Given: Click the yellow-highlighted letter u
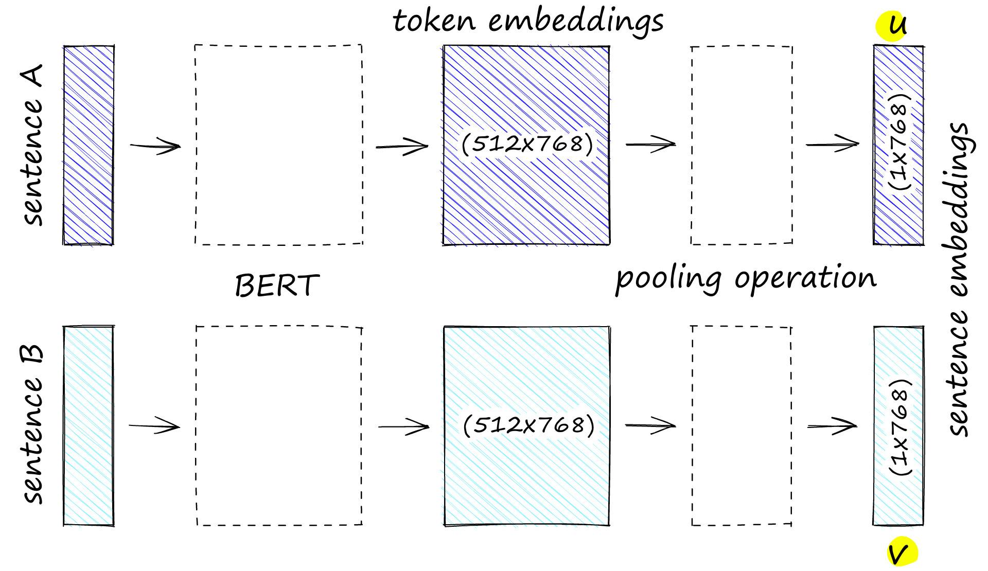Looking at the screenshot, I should coord(896,25).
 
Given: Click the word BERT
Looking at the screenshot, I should coord(277,285).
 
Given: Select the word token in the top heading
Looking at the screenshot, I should coord(434,22).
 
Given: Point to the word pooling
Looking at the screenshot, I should coord(668,279).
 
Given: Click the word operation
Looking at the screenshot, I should coord(805,278).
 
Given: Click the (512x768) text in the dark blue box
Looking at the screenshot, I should coord(527,144).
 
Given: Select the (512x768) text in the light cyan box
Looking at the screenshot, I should coord(528,425).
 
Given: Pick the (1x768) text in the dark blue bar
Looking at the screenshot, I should coord(899,142).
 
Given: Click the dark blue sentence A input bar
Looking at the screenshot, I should coord(89,145).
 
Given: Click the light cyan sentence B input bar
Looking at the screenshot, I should coord(89,426).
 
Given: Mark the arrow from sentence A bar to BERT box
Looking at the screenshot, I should coord(155,146).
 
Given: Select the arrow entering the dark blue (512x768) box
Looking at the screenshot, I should coord(402,147).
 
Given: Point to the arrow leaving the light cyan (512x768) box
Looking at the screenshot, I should coord(650,425).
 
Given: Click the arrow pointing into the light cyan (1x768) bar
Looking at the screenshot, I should coord(832,426).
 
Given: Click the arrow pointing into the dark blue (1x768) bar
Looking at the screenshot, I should coord(832,144).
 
